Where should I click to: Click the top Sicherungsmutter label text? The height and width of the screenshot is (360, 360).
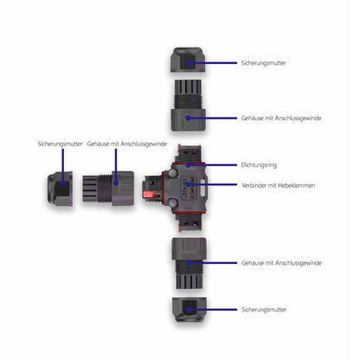263,63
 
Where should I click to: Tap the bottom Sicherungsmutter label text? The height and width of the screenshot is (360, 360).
264,310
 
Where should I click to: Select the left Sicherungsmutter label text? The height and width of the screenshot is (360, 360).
60,144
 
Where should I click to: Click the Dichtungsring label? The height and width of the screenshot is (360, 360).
259,165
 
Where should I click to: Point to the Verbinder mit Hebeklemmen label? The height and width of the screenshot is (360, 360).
278,185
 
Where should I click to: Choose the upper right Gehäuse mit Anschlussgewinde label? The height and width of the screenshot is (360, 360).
281,118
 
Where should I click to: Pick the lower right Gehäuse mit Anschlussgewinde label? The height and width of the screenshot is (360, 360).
281,263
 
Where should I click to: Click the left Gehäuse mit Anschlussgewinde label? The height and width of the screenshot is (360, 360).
127,144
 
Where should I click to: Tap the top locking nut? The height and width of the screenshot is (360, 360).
188,60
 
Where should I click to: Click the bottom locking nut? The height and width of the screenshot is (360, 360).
190,310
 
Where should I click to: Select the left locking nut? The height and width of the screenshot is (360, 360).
60,189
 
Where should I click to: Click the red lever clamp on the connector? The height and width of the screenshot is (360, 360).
151,195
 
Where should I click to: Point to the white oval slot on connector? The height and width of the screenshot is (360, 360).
202,190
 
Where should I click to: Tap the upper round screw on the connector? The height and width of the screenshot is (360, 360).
172,174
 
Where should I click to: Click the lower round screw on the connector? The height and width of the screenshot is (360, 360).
172,202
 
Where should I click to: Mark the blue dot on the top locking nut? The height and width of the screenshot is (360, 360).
188,63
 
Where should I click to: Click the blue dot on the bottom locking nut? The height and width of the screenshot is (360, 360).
188,310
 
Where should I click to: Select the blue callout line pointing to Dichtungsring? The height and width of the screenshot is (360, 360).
212,165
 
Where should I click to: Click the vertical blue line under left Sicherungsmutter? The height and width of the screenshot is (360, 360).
62,166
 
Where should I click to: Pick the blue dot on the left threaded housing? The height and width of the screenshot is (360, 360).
116,183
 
